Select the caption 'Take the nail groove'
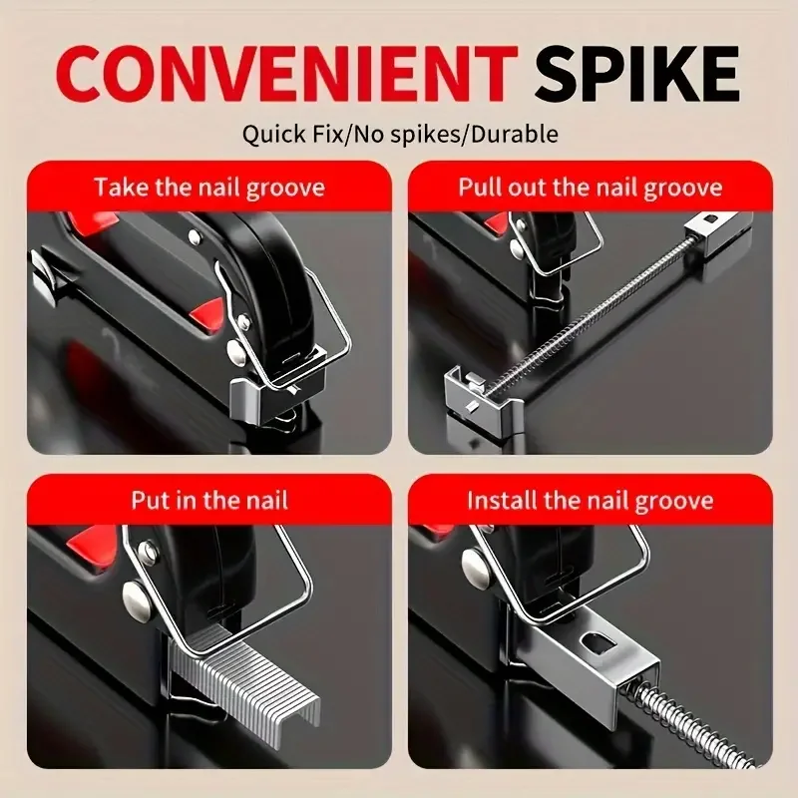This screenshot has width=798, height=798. click(208, 187)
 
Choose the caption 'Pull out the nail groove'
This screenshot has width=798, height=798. click(590, 187)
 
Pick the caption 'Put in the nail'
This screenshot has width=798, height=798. click(208, 499)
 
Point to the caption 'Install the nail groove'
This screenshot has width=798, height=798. click(590, 499)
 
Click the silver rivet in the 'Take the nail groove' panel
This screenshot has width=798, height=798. click(236, 350)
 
